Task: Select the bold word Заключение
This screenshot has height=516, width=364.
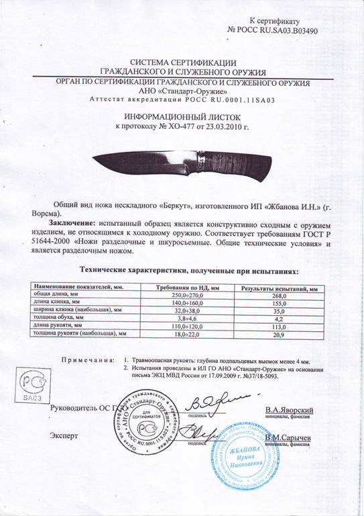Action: [71, 221]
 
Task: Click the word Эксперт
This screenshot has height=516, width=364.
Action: [64, 435]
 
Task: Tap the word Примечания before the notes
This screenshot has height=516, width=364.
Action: [85, 360]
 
